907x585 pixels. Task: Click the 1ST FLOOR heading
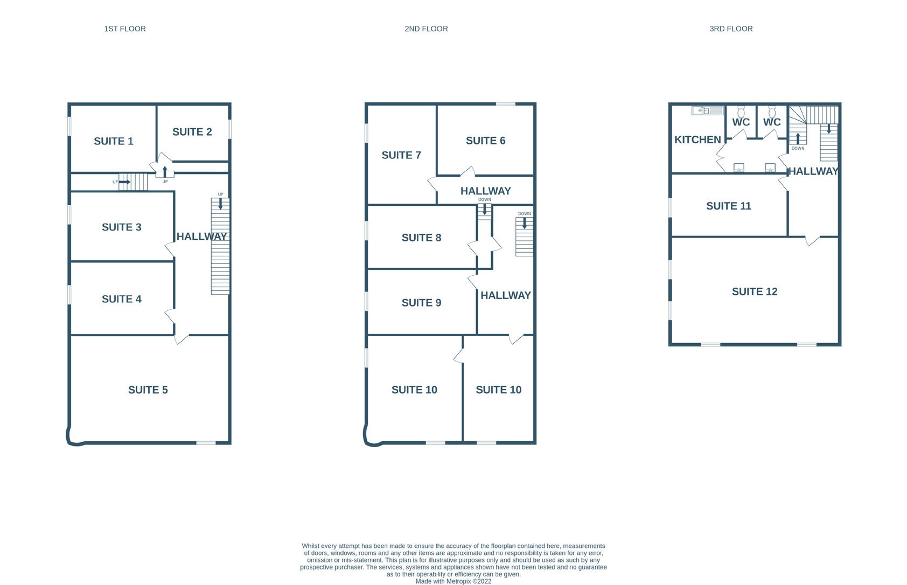[125, 29]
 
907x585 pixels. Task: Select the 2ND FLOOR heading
[426, 29]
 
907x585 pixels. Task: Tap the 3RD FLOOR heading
[731, 29]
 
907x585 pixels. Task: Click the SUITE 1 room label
[114, 141]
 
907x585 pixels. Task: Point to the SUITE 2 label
[192, 132]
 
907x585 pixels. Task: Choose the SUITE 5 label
[148, 390]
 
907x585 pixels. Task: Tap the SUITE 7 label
[401, 155]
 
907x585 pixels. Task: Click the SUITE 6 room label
[485, 141]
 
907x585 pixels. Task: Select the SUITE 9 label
[421, 303]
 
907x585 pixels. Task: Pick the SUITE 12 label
[755, 292]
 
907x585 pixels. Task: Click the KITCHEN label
[697, 140]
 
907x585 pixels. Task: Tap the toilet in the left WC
[741, 112]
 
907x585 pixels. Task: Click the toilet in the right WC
[772, 112]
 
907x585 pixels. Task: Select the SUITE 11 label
[728, 206]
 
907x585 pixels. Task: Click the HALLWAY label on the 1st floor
[201, 236]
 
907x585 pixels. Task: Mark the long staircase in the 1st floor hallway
[220, 246]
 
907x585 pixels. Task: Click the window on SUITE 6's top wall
[505, 104]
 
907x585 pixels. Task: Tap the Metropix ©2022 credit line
[453, 581]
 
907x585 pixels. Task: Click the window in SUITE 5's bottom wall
[206, 443]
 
